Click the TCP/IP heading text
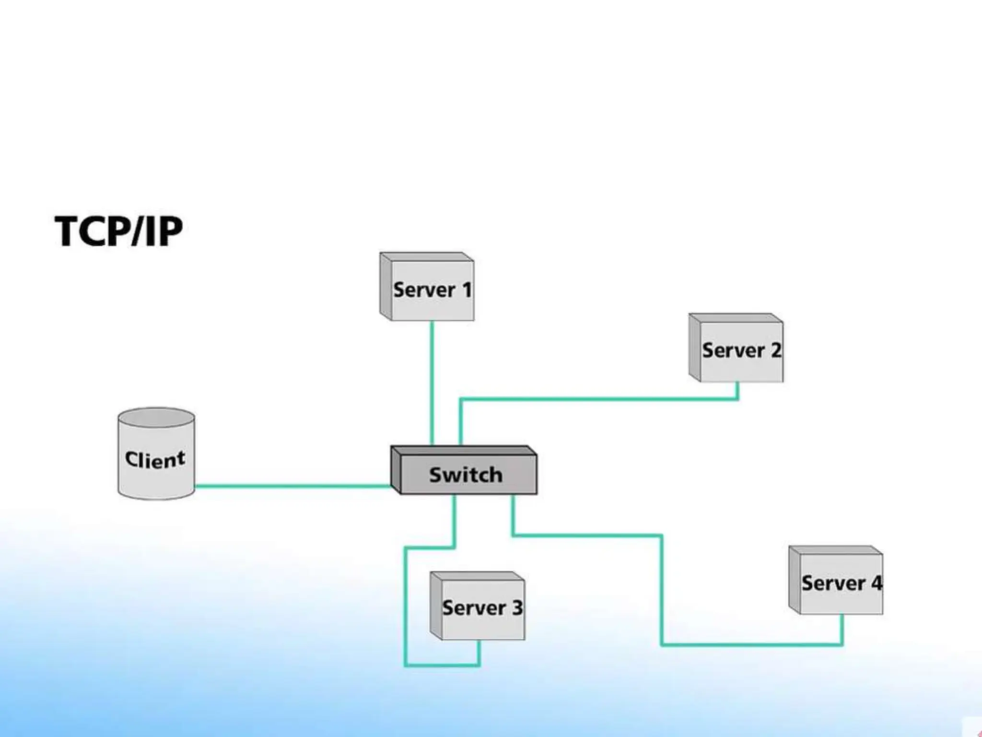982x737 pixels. coord(118,231)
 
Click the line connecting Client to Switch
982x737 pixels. coord(292,486)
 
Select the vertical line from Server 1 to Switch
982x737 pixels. coord(432,384)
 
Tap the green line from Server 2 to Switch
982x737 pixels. coord(599,399)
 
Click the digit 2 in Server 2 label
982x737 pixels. coord(775,350)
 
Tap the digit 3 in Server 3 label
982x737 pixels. coord(517,608)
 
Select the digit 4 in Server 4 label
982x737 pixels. coord(876,583)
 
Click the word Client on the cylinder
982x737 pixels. coord(155,459)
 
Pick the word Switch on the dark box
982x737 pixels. coord(466,475)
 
